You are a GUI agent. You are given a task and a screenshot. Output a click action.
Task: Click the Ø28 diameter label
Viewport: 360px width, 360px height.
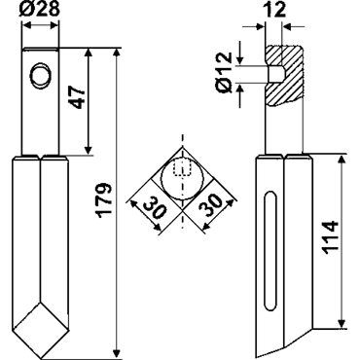coord(40,9)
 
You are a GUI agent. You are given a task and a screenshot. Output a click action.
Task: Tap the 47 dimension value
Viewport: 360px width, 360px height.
coord(78,97)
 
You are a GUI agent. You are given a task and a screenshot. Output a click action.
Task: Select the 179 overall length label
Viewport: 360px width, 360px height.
coord(104,198)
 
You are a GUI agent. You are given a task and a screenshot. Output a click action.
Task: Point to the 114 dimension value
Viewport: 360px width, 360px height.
coord(331,237)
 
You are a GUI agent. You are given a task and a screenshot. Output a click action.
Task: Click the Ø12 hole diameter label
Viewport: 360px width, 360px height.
coord(224,72)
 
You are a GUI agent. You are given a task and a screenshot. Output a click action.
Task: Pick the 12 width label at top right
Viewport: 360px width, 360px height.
coord(274,10)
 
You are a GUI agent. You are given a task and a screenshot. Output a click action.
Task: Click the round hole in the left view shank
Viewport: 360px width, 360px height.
coord(41,75)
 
